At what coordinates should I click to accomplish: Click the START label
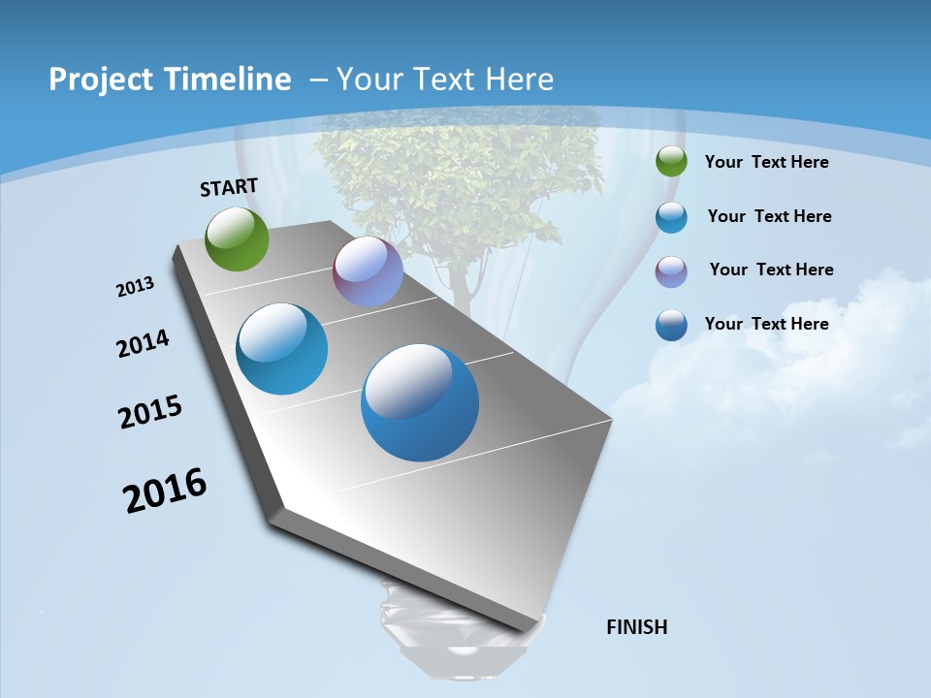point(229,187)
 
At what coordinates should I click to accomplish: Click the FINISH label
point(637,627)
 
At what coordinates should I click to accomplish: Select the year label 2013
point(135,287)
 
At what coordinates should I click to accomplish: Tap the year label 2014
point(143,344)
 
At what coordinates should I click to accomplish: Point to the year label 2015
point(150,412)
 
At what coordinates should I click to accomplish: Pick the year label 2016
point(165,491)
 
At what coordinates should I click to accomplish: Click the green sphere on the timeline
point(238,238)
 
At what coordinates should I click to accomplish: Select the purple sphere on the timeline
point(368,271)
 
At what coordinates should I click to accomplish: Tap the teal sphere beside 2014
point(282,349)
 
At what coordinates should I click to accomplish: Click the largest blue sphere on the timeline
point(420,402)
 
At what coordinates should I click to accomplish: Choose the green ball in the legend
point(671,162)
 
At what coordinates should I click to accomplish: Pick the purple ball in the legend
point(671,271)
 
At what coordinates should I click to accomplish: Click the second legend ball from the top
point(671,217)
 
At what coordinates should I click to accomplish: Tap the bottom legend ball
point(671,325)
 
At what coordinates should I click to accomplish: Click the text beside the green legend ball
point(766,162)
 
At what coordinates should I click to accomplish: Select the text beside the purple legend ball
point(771,270)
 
